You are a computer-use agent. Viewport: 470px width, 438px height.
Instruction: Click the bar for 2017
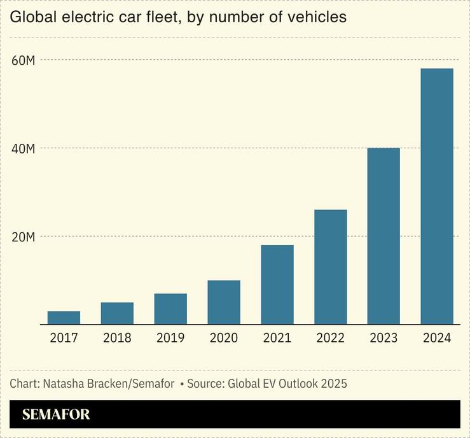pyautogui.click(x=64, y=318)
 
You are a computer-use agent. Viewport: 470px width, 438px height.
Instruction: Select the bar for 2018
pyautogui.click(x=117, y=313)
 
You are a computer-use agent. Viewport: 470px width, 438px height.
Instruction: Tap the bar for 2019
pyautogui.click(x=170, y=309)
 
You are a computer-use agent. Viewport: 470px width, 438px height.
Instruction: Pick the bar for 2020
pyautogui.click(x=224, y=302)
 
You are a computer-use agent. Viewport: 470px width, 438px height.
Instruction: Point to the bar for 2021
pyautogui.click(x=277, y=285)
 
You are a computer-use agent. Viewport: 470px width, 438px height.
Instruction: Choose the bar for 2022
pyautogui.click(x=331, y=267)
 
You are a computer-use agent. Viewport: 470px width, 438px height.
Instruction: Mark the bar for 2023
pyautogui.click(x=384, y=236)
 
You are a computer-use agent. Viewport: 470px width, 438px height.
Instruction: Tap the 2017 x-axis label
pyautogui.click(x=64, y=338)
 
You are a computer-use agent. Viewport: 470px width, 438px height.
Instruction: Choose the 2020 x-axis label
pyautogui.click(x=224, y=338)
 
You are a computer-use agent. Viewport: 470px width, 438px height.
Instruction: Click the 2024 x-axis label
pyautogui.click(x=437, y=338)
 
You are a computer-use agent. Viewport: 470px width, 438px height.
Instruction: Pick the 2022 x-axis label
pyautogui.click(x=331, y=338)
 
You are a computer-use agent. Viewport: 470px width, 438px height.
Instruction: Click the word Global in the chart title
pyautogui.click(x=30, y=17)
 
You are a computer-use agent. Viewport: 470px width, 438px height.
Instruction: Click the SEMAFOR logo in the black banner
pyautogui.click(x=56, y=414)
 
